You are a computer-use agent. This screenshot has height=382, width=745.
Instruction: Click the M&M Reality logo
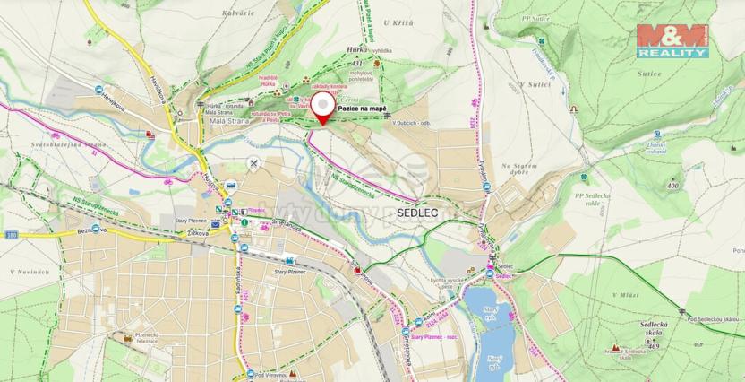672,42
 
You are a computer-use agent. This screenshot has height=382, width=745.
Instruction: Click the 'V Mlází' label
627,294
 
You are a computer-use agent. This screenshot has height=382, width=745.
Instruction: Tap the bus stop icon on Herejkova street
98,89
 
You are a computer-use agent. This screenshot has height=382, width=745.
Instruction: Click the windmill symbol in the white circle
255,164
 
